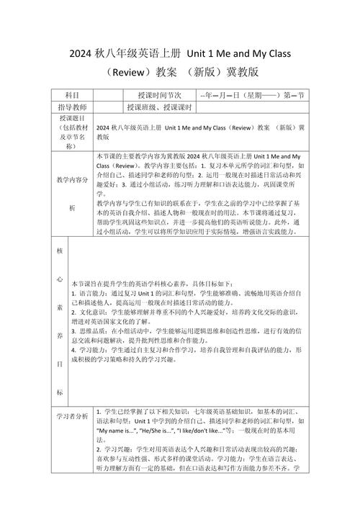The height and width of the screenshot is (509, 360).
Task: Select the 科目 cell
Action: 73,95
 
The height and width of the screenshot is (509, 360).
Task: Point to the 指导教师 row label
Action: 73,107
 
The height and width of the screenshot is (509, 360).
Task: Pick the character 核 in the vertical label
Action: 60,253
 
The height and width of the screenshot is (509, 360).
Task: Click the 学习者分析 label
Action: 73,416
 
